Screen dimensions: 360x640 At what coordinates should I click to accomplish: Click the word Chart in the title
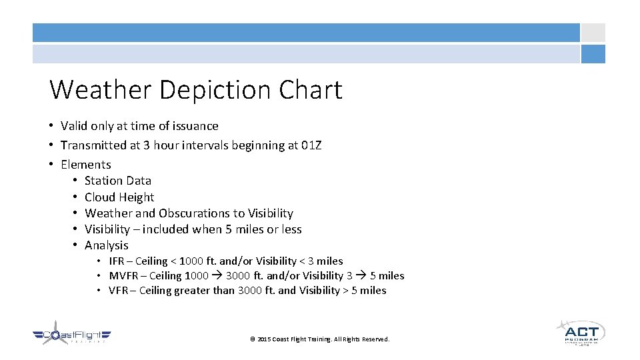311,90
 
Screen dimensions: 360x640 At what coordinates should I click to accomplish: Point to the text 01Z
310,145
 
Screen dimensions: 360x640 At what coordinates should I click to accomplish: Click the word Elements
85,165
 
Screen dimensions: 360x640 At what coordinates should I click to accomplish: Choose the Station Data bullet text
118,181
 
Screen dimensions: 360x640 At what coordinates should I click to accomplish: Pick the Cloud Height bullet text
119,197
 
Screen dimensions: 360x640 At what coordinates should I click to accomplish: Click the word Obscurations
194,213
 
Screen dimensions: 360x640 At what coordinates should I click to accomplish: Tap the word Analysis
107,245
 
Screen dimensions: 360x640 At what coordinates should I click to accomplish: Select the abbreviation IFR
117,261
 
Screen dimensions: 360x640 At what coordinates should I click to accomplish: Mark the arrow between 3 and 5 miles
361,276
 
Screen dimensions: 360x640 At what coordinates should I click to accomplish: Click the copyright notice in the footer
319,339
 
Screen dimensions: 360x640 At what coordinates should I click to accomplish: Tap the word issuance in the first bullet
193,126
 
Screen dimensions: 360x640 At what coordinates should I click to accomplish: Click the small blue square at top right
593,54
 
